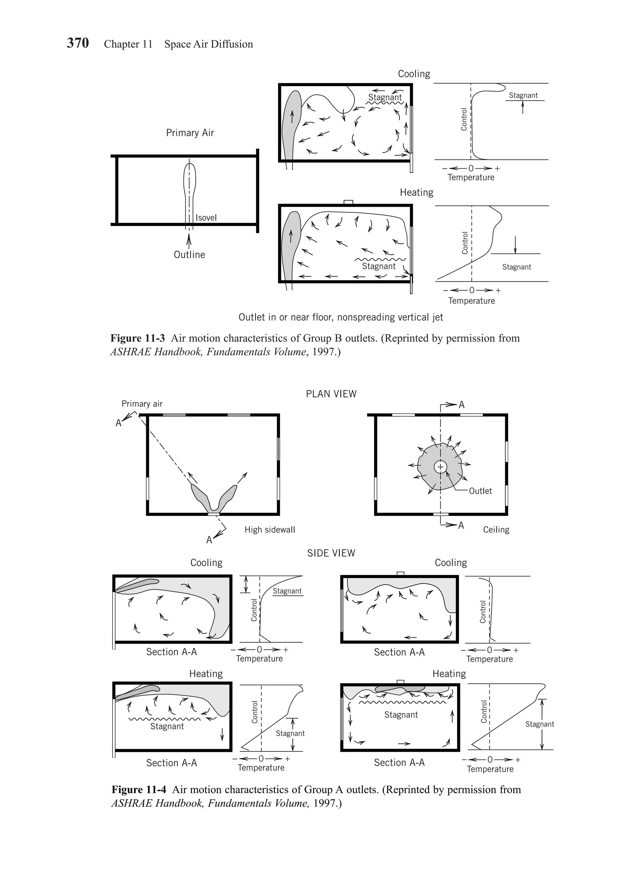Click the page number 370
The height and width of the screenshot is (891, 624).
coord(78,43)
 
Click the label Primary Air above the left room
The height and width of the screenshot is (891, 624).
coord(190,133)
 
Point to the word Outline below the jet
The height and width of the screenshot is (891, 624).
coord(189,255)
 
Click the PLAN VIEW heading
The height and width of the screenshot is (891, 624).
coord(331,394)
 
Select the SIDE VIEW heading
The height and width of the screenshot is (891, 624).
coord(331,553)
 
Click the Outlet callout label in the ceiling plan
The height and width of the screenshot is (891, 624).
coord(480,491)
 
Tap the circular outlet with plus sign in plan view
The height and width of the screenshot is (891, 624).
coord(440,467)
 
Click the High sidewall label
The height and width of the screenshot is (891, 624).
coord(269,530)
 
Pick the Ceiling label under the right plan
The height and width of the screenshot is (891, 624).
coord(496,530)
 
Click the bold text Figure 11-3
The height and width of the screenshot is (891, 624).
coord(137,338)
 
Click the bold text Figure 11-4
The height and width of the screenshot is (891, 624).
coord(139,789)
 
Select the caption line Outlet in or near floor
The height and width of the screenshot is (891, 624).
coord(341,317)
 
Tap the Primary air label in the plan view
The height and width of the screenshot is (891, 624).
coord(142,403)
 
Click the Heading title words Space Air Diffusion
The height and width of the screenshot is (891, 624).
coord(208,44)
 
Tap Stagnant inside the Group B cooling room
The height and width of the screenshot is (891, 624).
coord(385,97)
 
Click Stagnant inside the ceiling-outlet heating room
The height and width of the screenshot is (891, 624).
coord(401,715)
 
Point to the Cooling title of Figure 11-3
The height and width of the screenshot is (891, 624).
coord(414,74)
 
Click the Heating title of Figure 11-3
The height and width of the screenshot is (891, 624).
coord(416,192)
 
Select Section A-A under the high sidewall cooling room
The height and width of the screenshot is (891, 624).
coord(171,652)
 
